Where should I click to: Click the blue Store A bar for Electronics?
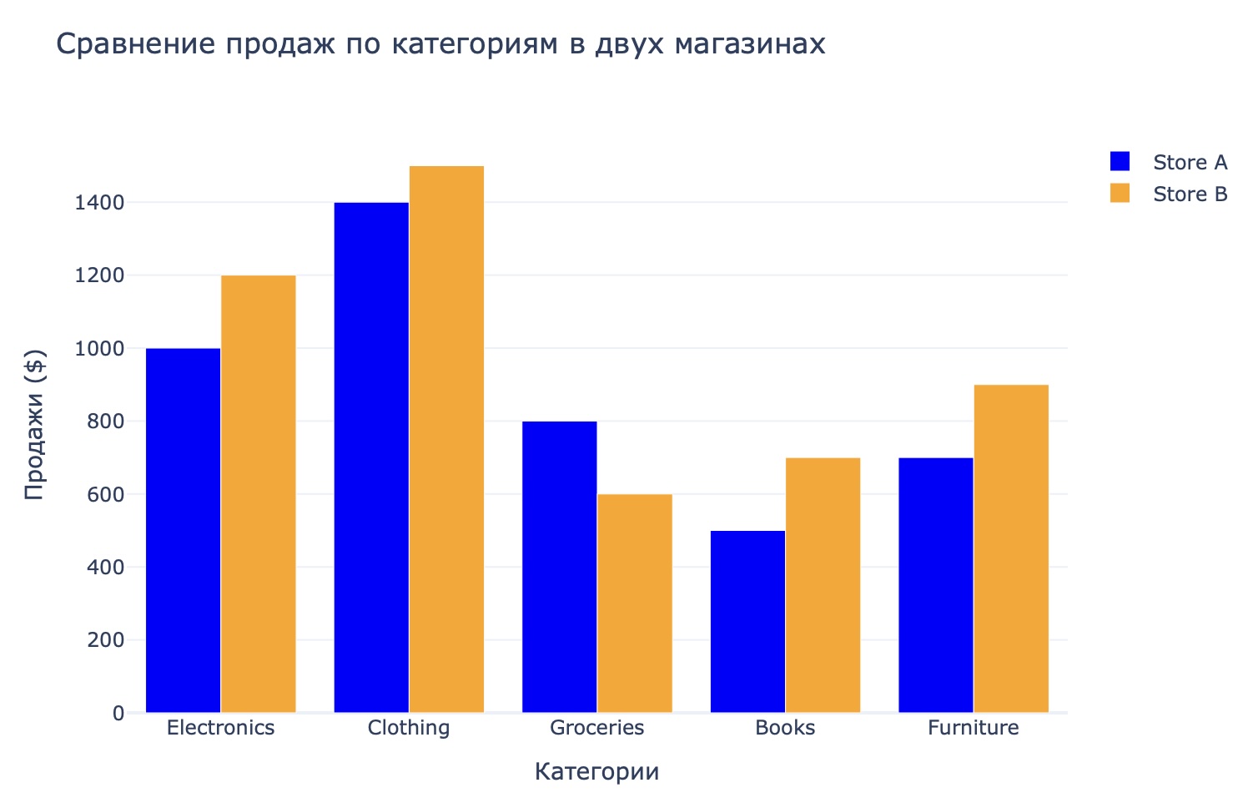183,530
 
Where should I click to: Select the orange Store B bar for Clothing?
446,439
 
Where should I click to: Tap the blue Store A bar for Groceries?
559,567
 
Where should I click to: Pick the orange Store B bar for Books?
823,585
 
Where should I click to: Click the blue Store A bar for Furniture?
935,585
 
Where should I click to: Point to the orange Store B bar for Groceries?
634,603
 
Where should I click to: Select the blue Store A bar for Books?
747,622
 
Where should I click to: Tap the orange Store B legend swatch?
1120,194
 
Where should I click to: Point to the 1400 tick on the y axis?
100,203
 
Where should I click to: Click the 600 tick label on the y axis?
107,494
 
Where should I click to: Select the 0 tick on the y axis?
118,714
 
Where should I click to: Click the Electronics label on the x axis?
220,728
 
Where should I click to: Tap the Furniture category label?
973,728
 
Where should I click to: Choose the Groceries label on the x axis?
596,728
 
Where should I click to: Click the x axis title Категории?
596,772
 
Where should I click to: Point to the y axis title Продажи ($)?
33,426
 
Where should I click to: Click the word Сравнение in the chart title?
133,43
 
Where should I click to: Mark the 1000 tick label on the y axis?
100,349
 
